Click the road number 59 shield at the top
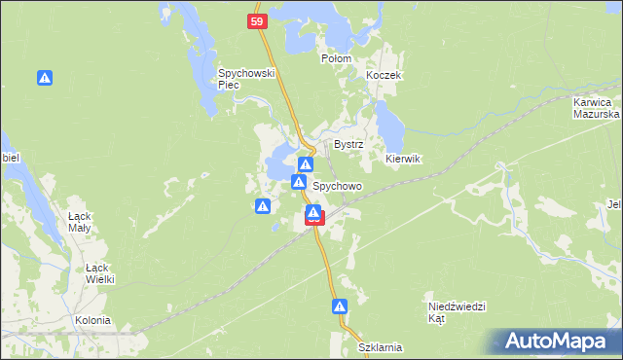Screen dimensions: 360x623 tap(256, 20)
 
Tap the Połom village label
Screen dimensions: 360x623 tap(336, 58)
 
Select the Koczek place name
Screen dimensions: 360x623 tap(384, 75)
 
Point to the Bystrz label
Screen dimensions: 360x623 tap(348, 144)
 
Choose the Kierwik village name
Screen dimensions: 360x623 tap(402, 159)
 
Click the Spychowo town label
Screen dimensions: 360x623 tap(337, 185)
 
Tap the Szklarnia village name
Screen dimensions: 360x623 tap(380, 347)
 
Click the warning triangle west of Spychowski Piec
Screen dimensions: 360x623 tap(45, 78)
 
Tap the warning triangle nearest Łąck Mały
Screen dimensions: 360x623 tap(263, 206)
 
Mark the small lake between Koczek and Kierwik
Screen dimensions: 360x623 tap(389, 122)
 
